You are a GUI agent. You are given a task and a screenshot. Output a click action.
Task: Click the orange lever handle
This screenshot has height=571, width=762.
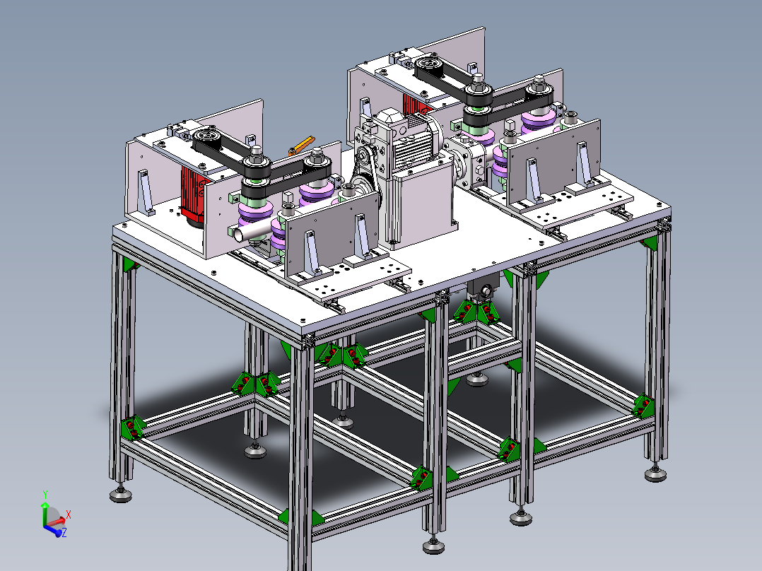(x=302, y=145)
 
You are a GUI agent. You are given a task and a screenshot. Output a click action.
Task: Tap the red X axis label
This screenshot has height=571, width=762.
(x=69, y=514)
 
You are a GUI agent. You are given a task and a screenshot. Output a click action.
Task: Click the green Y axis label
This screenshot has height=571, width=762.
(x=45, y=495)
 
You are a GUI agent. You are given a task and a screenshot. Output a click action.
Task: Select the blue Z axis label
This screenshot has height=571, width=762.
(x=64, y=533)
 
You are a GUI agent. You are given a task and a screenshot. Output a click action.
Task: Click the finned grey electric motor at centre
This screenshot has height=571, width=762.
(x=416, y=141)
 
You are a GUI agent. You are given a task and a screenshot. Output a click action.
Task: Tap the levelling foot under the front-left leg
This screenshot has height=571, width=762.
(x=120, y=495)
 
